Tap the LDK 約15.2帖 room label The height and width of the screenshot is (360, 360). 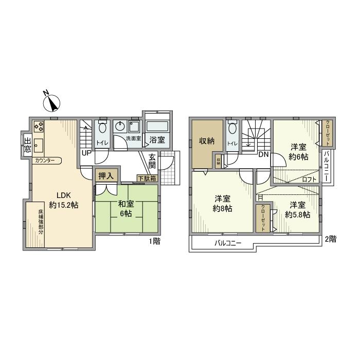(63, 200)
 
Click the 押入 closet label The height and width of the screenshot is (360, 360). (106, 175)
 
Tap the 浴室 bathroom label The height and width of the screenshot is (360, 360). (157, 139)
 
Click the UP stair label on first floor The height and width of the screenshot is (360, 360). (86, 153)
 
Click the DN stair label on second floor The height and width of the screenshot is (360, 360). (263, 154)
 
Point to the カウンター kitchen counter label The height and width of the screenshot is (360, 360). (46, 160)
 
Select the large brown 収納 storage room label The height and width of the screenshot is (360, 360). (207, 141)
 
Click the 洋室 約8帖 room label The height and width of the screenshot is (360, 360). (223, 204)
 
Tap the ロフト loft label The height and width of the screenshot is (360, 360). (309, 179)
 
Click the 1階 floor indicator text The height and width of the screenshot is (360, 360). (154, 241)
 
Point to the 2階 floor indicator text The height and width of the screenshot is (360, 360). (331, 239)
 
